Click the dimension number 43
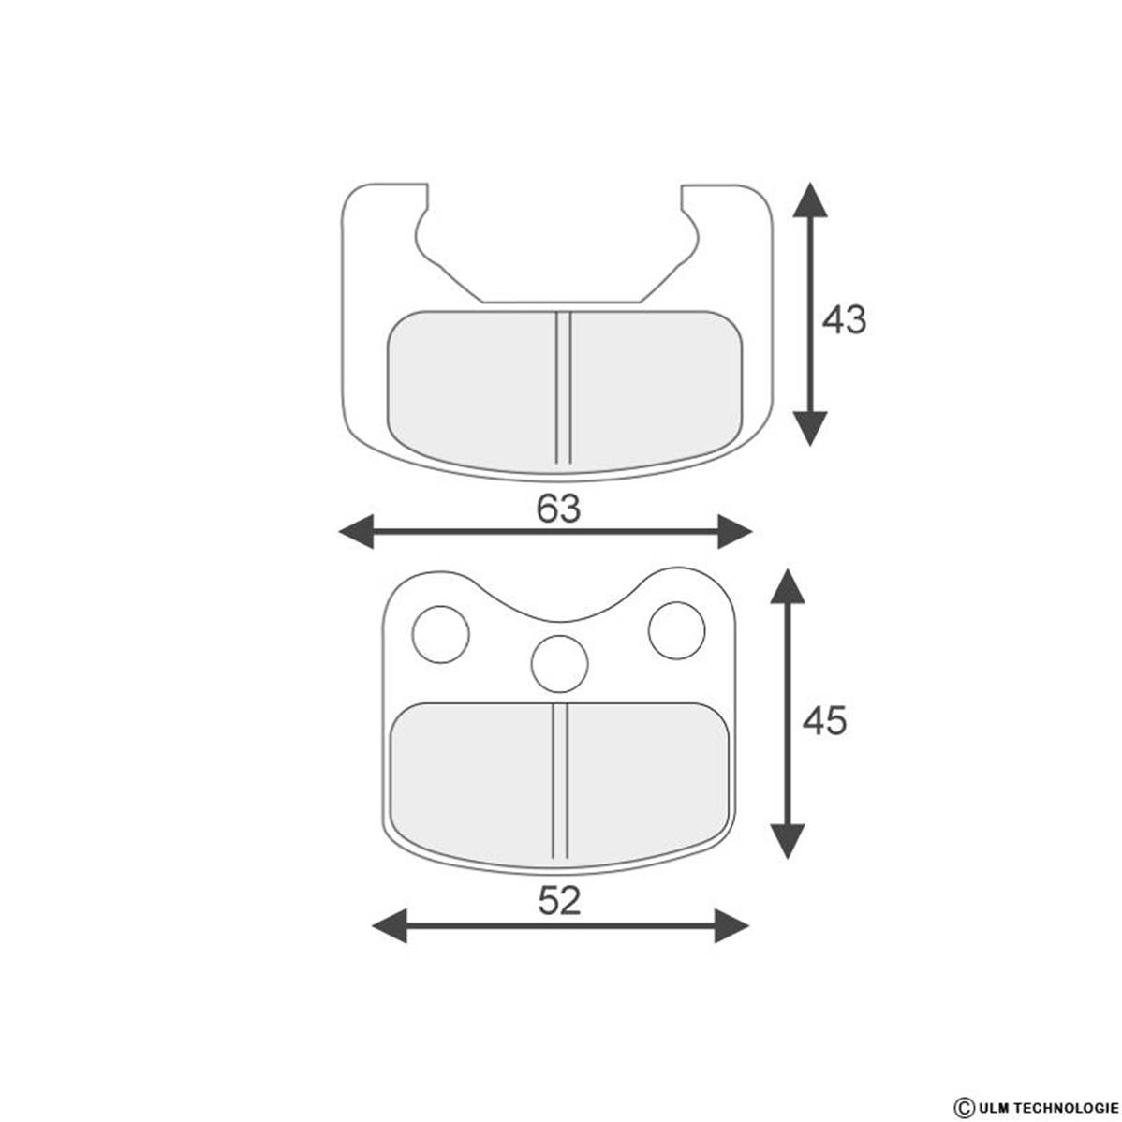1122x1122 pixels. click(x=844, y=320)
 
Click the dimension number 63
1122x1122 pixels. click(x=559, y=509)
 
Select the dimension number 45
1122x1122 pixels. click(x=824, y=720)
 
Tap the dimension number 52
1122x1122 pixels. click(x=559, y=900)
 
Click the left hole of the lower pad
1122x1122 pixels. click(x=441, y=635)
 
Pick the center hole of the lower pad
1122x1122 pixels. click(x=559, y=664)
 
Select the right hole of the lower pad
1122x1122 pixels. click(x=677, y=630)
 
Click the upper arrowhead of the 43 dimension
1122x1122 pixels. click(x=810, y=199)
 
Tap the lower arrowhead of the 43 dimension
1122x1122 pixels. click(x=810, y=429)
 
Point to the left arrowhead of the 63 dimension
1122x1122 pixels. click(x=356, y=532)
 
